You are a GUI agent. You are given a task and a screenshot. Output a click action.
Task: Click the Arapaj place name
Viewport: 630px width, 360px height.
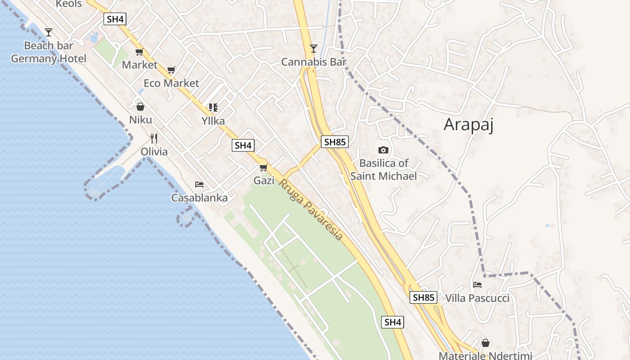[x=468, y=125]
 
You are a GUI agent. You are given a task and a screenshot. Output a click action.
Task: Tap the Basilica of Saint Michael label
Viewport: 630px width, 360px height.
[x=384, y=170]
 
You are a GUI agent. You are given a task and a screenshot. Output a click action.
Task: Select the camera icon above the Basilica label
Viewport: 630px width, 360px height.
[x=383, y=150]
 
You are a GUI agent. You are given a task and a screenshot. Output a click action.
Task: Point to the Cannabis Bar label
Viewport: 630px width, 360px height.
[x=314, y=62]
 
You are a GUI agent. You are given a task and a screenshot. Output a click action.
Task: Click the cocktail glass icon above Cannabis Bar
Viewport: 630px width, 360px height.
[x=314, y=49]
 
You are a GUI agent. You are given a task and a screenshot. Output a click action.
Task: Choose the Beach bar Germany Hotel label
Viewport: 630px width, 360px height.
[x=49, y=52]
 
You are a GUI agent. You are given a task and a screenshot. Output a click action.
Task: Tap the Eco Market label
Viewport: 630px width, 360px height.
[x=171, y=83]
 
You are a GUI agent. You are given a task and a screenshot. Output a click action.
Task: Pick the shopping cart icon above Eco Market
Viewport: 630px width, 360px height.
[x=171, y=70]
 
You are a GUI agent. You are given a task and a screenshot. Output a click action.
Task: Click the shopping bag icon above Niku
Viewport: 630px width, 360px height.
[x=140, y=107]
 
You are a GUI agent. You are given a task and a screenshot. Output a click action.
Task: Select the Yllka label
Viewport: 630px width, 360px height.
[x=213, y=121]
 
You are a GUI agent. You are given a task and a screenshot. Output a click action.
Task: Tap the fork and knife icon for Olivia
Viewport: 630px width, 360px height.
[x=154, y=138]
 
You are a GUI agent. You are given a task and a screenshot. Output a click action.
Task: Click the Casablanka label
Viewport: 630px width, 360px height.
[x=199, y=198]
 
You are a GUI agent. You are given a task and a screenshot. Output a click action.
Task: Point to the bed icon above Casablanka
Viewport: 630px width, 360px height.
[x=199, y=184]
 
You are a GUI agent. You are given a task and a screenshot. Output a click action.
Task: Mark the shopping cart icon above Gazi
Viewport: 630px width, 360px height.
[x=264, y=168]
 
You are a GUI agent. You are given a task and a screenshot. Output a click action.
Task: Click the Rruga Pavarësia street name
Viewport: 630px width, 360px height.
[x=311, y=210]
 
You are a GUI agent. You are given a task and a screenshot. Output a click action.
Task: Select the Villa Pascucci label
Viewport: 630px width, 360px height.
[x=477, y=298]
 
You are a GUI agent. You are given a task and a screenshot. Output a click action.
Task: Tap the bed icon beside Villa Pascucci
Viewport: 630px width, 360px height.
[x=477, y=285]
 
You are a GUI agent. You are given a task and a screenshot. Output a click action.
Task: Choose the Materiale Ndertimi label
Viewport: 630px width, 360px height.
[x=486, y=355]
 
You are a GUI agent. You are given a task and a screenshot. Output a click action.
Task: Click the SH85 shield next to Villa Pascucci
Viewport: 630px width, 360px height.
[x=423, y=297]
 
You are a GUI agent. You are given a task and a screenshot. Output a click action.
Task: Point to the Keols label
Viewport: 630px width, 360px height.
[x=69, y=4]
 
